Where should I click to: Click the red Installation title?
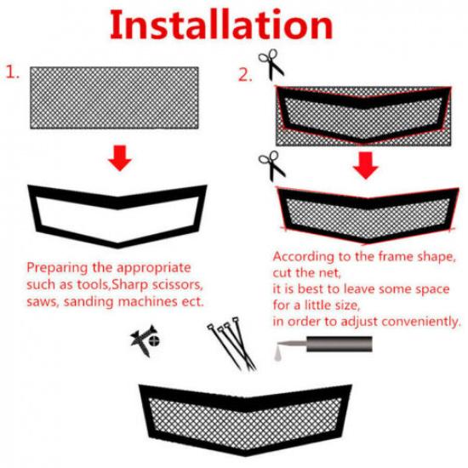[x=235, y=26]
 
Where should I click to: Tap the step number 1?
[x=14, y=73]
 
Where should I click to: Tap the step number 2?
[x=245, y=75]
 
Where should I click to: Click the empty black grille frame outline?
[x=117, y=213]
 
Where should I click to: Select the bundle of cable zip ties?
[x=228, y=345]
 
